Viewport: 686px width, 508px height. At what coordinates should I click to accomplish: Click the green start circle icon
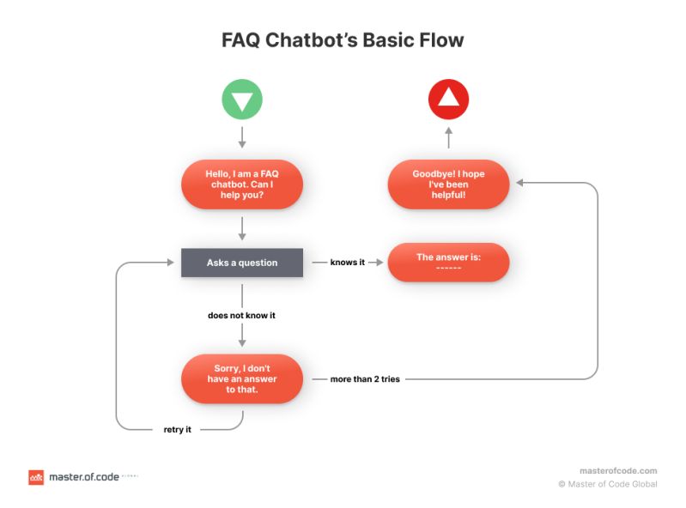[242, 100]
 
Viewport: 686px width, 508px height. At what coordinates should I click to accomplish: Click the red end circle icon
[448, 100]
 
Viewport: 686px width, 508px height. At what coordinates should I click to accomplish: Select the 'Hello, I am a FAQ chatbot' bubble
[242, 184]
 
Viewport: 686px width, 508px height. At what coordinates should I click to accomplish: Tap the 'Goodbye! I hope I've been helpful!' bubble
[448, 184]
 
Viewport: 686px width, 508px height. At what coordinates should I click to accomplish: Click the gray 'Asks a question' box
[242, 263]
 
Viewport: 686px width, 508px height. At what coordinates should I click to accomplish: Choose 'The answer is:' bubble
[448, 263]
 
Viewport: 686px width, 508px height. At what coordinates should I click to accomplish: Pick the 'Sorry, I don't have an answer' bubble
[242, 378]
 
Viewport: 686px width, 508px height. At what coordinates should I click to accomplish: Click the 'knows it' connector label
[348, 263]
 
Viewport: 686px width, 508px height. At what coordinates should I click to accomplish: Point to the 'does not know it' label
[242, 315]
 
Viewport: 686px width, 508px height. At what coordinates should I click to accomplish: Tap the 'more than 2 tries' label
[365, 378]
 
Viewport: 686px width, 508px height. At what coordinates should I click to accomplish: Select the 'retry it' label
[177, 429]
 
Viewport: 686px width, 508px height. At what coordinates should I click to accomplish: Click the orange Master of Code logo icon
[36, 477]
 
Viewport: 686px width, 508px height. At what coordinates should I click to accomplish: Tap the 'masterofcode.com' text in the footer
[618, 470]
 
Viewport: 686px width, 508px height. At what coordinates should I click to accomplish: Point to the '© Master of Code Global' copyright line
[608, 484]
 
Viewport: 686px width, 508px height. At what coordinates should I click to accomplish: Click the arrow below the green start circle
[242, 136]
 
